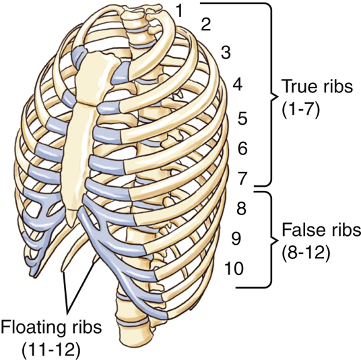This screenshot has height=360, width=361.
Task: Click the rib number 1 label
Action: (x=179, y=9)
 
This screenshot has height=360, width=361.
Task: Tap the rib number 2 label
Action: (x=206, y=26)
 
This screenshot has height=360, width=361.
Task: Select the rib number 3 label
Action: (x=227, y=53)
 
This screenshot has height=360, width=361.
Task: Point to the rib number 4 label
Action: (x=237, y=85)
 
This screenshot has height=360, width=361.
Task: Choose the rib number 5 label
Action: (x=243, y=119)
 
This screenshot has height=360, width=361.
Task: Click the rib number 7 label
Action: (x=243, y=178)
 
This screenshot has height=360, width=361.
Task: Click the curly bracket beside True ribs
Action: (x=270, y=93)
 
